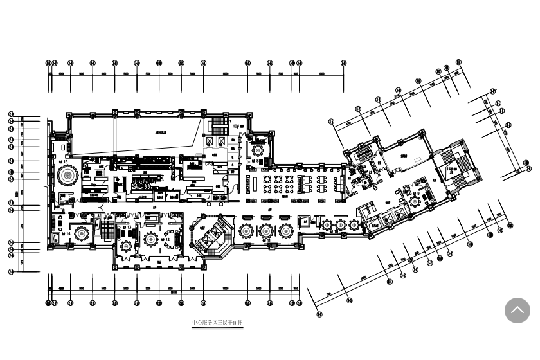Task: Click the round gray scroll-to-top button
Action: (517, 310)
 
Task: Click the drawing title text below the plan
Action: (217, 323)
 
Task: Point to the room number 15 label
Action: (65, 163)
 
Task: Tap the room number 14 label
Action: (68, 234)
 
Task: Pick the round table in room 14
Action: (80, 233)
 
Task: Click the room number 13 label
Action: (129, 228)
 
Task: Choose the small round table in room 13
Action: (123, 246)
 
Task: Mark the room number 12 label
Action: (167, 239)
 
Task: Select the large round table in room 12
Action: (151, 240)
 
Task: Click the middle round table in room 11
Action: (266, 231)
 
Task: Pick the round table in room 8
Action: (258, 151)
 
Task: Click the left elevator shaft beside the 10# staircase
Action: (210, 141)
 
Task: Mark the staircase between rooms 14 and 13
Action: (107, 229)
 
